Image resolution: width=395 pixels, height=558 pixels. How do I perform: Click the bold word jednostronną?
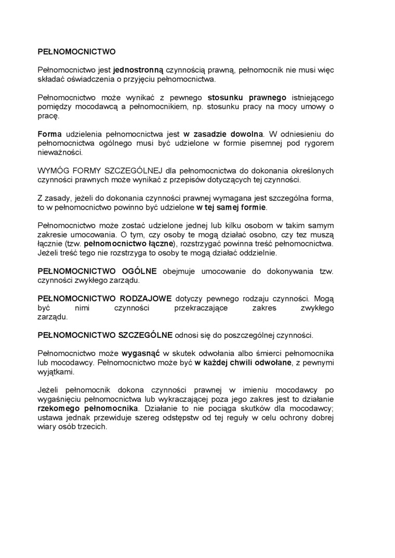(x=138, y=70)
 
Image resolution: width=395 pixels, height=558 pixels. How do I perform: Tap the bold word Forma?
(x=49, y=133)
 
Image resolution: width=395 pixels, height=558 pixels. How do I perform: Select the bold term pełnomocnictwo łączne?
(x=129, y=244)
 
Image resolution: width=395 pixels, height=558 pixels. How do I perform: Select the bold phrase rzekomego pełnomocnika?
(x=88, y=409)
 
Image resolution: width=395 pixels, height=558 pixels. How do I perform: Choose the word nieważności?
(x=60, y=152)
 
